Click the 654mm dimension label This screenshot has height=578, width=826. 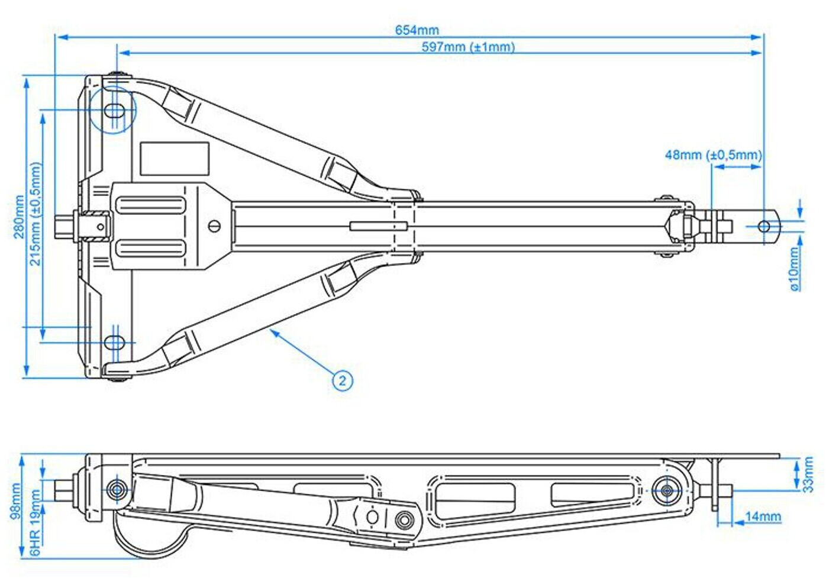[417, 30]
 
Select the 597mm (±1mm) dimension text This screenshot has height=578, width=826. [468, 47]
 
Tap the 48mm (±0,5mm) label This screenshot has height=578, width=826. [713, 155]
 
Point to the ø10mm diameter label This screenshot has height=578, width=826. [795, 269]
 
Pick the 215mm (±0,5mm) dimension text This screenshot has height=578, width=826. [36, 214]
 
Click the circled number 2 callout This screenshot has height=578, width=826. [342, 380]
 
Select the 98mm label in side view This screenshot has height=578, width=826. [16, 501]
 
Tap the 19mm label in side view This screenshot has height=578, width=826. [36, 503]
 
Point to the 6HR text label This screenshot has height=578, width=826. [36, 543]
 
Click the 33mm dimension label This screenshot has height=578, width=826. [808, 474]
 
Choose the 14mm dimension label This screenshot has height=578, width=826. [763, 516]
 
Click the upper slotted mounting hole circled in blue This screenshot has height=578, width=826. [114, 110]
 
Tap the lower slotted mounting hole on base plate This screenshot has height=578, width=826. [114, 342]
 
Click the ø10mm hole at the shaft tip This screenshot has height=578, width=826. [764, 226]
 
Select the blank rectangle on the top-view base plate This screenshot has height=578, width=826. [175, 159]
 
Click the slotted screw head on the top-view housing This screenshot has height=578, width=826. [215, 225]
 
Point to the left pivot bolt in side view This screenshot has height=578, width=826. [117, 490]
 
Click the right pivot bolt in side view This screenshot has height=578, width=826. [667, 490]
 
